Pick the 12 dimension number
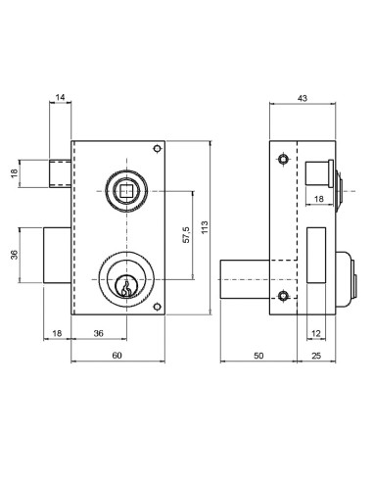tap(317, 333)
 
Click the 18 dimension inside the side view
tap(319, 199)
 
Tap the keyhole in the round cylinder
tap(124, 286)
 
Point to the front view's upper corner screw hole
tap(157, 150)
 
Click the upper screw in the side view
tap(283, 158)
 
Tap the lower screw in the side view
tap(283, 296)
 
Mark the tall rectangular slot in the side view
tap(317, 253)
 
